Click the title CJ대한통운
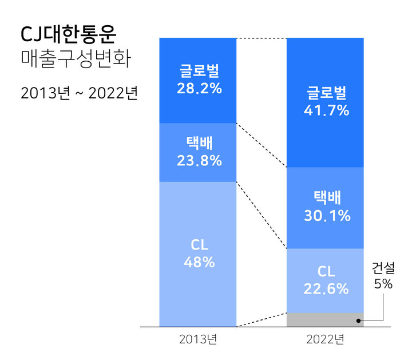coord(68,35)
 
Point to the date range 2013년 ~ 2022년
coord(80,92)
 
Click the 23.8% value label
coord(198,161)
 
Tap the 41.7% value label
coord(326,110)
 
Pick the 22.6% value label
coord(326,288)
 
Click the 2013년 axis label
coord(197,339)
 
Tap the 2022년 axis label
coord(324,339)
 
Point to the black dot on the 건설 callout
coord(359,321)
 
